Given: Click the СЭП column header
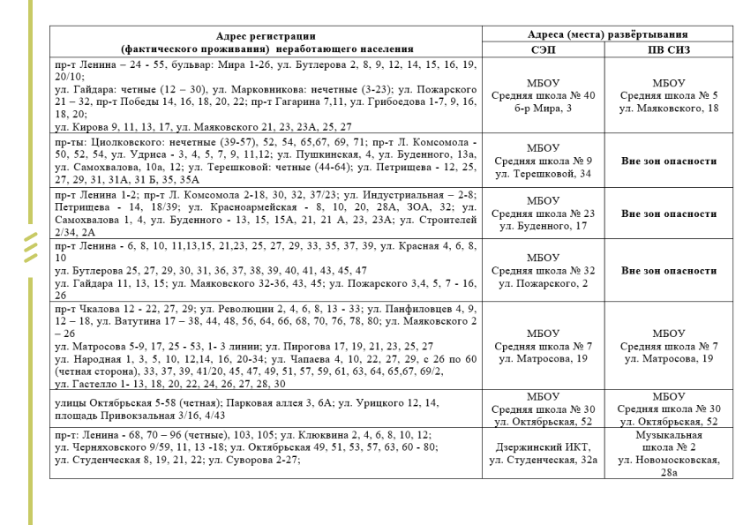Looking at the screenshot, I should pyautogui.click(x=544, y=50).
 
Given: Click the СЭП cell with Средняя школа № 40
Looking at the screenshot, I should pyautogui.click(x=544, y=94).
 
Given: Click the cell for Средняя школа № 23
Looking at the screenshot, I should pyautogui.click(x=544, y=214).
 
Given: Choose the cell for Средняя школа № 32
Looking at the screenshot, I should pyautogui.click(x=544, y=271).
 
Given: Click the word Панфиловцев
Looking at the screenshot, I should pyautogui.click(x=407, y=310).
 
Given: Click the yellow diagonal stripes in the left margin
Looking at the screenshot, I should pyautogui.click(x=33, y=248).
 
